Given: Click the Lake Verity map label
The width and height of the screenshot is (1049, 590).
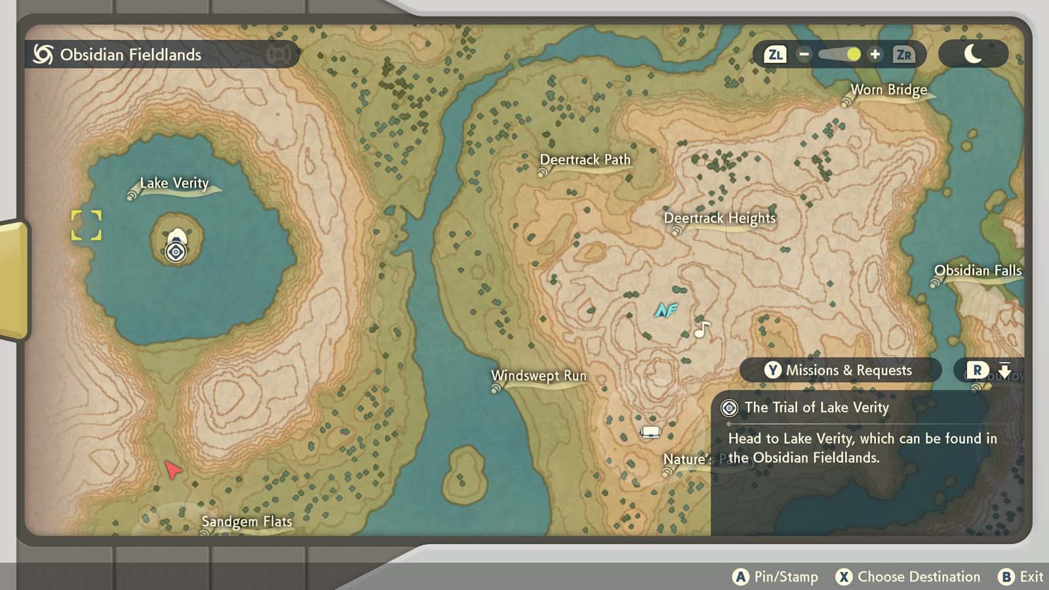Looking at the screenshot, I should pos(174,184).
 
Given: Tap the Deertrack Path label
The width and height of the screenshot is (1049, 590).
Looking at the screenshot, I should pos(585,160).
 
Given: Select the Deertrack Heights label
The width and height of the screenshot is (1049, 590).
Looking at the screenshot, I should pos(719,218).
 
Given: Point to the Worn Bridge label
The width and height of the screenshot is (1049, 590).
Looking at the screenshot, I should pos(888,90).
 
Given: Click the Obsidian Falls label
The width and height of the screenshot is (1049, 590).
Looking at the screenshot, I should pos(977,271).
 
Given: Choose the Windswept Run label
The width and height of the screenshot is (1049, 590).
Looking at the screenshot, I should pos(538,376).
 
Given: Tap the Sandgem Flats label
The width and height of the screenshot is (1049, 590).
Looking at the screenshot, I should pos(247,522).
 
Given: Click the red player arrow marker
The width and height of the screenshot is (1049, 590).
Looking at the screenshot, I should pos(172,469).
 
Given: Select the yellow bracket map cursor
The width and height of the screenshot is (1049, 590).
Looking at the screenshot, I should pos(87,226).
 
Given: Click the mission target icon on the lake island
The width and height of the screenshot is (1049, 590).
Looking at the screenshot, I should pos(176,252).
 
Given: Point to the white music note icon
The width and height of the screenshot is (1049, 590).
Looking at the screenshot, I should pos(702,329).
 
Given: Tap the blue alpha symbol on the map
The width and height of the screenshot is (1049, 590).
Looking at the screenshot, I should pos(665,310).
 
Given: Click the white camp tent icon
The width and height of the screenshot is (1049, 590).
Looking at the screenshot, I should pos(650,431).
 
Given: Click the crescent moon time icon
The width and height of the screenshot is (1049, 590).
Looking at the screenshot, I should pos(973,54).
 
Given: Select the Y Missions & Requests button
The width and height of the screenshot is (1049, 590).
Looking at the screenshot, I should pos(840,370).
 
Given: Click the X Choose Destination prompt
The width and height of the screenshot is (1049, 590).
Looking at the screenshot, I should pos(908,577).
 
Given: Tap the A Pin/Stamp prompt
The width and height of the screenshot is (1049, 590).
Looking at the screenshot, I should pos(776,577).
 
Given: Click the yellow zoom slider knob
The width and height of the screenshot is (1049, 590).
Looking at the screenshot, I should pos(853,54).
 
